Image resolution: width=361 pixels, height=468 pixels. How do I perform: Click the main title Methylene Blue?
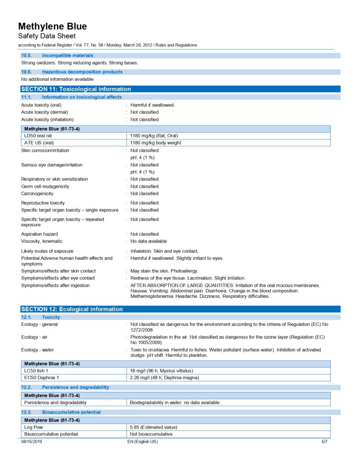coord(52,26)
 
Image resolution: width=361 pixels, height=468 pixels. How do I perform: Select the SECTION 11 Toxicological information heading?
coord(76,89)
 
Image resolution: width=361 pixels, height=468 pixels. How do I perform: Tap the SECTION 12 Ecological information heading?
coord(72,309)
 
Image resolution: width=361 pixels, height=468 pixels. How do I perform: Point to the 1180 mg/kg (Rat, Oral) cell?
coord(154,136)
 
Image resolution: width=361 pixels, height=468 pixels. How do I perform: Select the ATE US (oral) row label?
coord(39,143)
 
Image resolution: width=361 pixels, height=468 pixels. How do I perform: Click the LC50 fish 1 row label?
coord(36,371)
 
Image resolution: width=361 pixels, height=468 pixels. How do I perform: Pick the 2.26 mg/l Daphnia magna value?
coord(164,378)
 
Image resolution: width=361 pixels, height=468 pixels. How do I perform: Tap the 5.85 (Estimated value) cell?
coord(153,427)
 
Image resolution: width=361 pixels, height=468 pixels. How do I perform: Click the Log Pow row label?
coord(33,427)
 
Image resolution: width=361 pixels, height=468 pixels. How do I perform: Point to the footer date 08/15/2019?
coord(31,442)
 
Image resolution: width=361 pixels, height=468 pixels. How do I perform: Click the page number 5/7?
coord(324,442)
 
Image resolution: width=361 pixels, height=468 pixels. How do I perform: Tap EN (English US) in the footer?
coord(142,442)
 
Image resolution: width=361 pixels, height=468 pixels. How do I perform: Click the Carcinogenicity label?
coord(37,193)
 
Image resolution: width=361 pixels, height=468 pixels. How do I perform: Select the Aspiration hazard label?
coord(39,234)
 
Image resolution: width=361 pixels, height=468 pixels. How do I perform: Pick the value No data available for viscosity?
coord(148,241)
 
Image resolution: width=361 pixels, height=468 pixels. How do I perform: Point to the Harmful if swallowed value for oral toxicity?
coord(152,105)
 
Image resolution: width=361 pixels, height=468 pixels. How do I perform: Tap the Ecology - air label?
coord(36,337)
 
